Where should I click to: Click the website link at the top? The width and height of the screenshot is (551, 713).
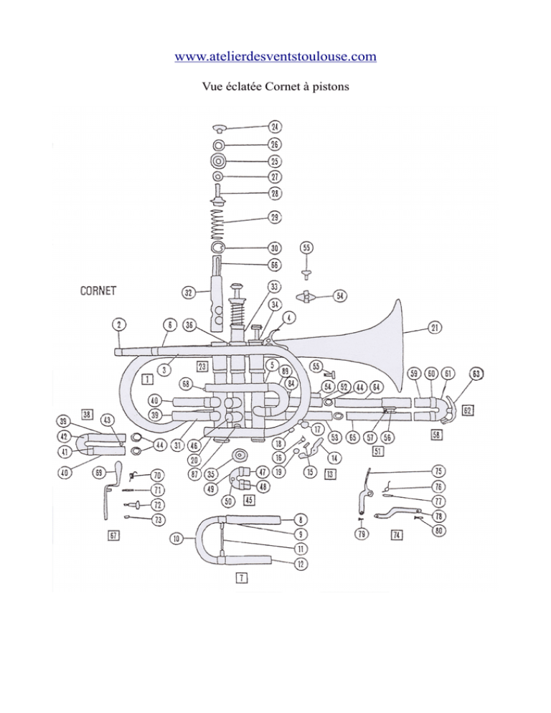point(275,56)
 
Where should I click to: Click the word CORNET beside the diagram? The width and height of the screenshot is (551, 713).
point(98,291)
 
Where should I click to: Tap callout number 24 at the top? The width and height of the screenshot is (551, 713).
point(275,127)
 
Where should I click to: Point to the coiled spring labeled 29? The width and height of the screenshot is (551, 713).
point(220,216)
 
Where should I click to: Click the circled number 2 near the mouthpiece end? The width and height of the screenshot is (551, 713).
point(119,324)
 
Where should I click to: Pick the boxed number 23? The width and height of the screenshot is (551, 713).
point(202,367)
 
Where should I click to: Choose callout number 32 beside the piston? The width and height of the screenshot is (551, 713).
point(187,293)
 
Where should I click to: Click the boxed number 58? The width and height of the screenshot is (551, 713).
point(435,435)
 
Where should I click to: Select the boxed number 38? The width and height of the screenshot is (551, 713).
point(88,415)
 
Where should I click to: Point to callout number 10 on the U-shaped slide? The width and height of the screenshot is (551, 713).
point(175,538)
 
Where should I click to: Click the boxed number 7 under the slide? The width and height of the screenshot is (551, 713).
point(242,578)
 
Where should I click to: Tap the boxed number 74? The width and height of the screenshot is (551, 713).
point(396,534)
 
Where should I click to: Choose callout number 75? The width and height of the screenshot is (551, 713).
point(438,471)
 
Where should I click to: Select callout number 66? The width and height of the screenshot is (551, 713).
point(275,265)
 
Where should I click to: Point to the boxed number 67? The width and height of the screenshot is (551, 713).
point(113,535)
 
